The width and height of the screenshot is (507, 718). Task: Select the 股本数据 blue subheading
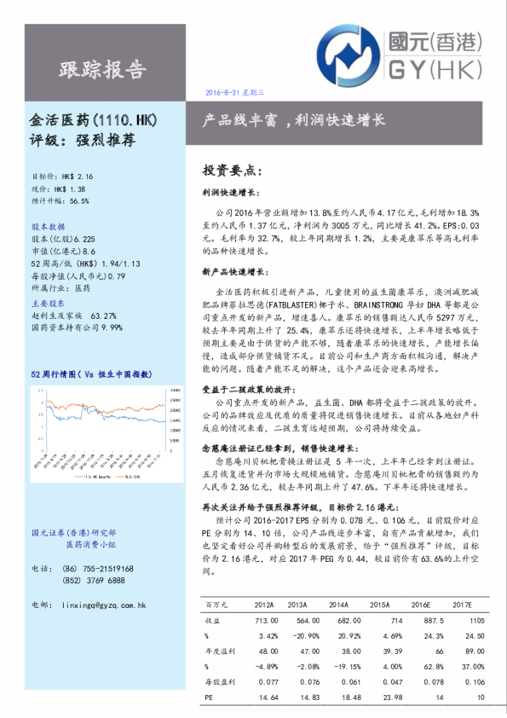click(x=48, y=228)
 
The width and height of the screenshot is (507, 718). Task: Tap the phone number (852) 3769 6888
click(x=95, y=580)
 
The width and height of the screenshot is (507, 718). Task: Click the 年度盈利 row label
click(x=220, y=651)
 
